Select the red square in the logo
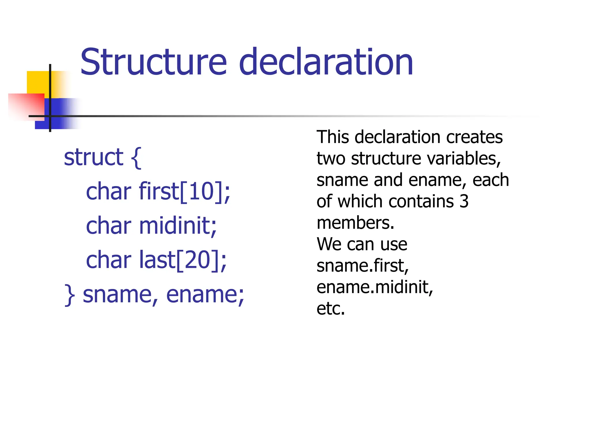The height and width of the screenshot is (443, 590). [26, 105]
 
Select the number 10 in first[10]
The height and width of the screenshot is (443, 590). [201, 192]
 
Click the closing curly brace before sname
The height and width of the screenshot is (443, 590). [69, 295]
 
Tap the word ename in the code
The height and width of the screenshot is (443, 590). [205, 295]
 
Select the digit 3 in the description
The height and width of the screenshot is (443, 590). [464, 201]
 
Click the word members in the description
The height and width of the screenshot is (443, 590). [355, 223]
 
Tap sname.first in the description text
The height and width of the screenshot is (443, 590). [362, 266]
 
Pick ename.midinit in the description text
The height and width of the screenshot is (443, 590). [375, 287]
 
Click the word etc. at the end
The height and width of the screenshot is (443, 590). [330, 309]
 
